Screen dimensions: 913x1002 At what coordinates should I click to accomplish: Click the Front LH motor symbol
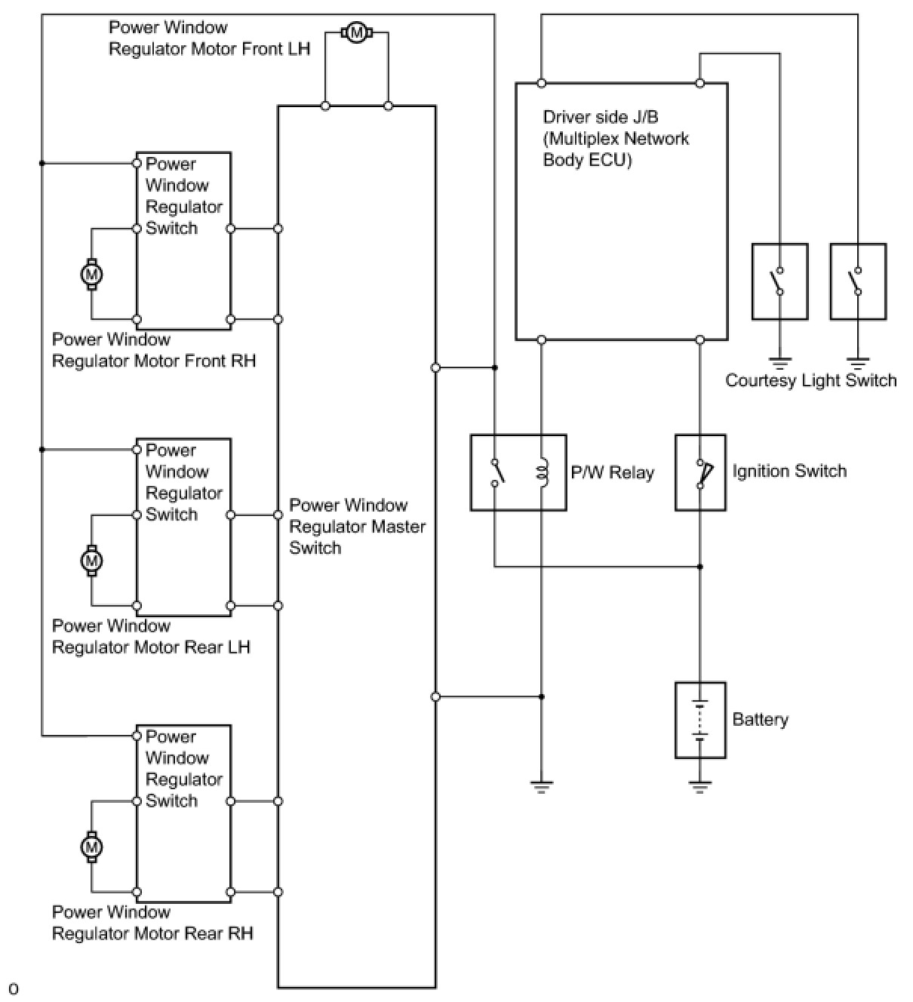point(356,33)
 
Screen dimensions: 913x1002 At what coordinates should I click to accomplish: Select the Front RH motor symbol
point(91,274)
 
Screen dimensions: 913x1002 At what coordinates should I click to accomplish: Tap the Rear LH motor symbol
point(91,561)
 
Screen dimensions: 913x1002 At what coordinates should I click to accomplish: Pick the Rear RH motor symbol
point(91,847)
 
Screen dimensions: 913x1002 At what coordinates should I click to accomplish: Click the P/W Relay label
point(612,472)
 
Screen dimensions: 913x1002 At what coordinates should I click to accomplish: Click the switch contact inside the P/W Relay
point(497,472)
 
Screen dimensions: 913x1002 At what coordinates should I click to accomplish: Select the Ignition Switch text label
point(789,471)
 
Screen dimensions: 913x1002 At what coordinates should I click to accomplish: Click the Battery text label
point(760,719)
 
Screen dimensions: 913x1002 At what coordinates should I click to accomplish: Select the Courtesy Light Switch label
point(810,380)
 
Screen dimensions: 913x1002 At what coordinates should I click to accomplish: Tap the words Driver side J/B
point(600,117)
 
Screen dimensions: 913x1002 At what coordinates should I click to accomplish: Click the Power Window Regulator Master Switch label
point(357,527)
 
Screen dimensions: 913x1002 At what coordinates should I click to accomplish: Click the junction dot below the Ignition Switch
point(699,567)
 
